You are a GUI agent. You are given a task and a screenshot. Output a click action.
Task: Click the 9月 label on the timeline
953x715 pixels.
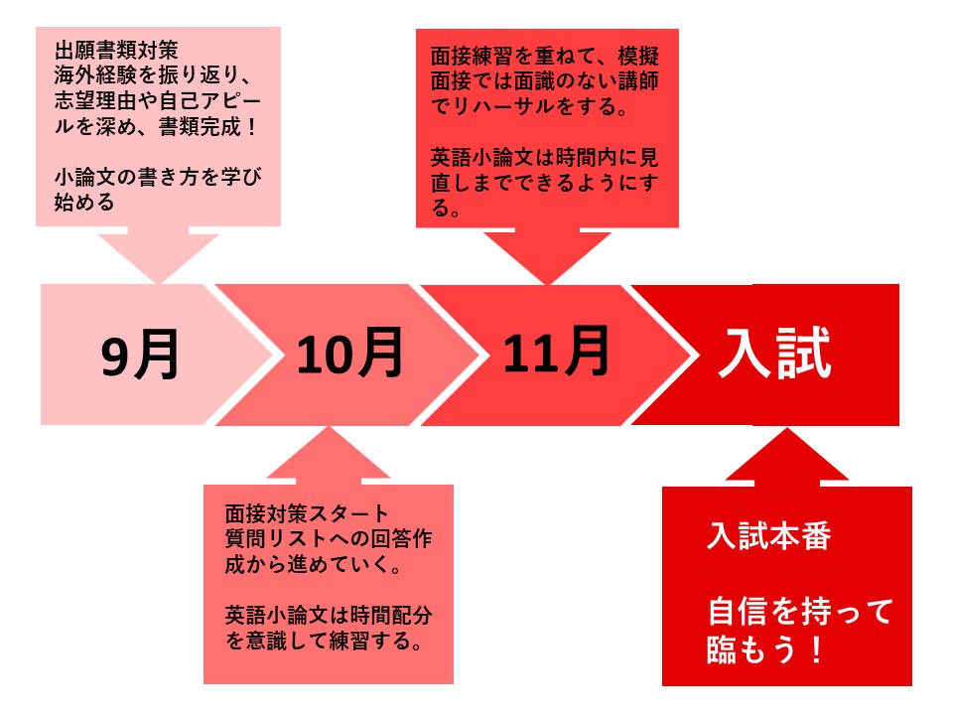[x=140, y=355]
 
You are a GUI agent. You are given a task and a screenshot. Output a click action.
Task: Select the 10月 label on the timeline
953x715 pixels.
[x=349, y=353]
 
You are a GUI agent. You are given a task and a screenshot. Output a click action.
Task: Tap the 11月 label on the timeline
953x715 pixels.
[x=556, y=351]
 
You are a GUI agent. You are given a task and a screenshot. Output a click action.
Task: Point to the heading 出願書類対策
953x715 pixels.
[x=116, y=50]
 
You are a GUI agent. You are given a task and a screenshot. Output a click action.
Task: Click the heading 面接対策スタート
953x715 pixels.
[x=307, y=513]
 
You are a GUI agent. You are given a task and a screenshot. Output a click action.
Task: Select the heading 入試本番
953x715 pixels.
[x=768, y=536]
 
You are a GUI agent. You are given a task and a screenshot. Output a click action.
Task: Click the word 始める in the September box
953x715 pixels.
[x=84, y=203]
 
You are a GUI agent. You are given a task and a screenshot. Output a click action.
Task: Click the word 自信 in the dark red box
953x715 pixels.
[x=739, y=612]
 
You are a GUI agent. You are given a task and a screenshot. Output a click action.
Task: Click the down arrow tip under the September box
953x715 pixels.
[x=159, y=283]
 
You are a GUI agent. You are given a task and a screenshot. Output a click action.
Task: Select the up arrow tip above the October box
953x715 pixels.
[x=329, y=427]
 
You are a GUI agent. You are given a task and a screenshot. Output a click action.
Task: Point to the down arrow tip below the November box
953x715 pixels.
[x=547, y=284]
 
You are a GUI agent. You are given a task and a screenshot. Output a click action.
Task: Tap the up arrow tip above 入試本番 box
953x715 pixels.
[x=787, y=428]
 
